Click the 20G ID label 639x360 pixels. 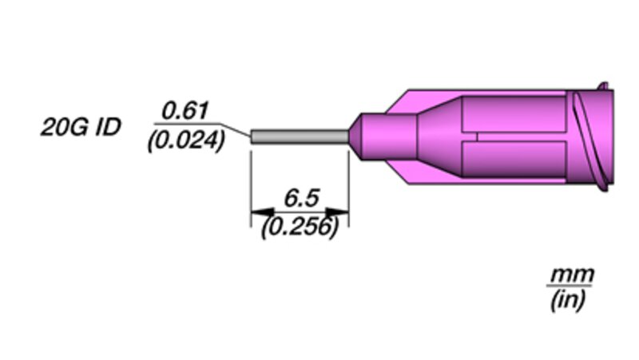click(81, 127)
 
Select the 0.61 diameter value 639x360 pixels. click(185, 111)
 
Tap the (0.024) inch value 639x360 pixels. click(186, 141)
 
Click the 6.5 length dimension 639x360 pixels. click(302, 198)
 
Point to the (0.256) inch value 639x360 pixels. click(300, 227)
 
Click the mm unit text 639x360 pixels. click(572, 275)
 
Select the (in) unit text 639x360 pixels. click(568, 301)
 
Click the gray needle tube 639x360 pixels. click(300, 136)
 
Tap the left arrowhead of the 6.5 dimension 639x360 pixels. click(263, 212)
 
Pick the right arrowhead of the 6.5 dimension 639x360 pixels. click(337, 212)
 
